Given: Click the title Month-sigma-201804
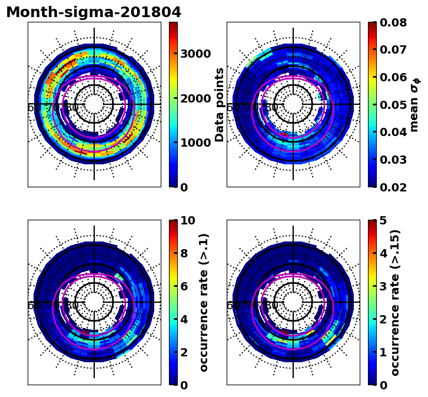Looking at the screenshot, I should (x=94, y=12).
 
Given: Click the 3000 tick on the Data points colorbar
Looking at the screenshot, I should (x=195, y=54).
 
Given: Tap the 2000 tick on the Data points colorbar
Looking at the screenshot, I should (x=195, y=98).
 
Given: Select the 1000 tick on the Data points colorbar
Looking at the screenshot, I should (x=195, y=143).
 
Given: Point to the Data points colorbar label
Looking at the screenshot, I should (x=220, y=104).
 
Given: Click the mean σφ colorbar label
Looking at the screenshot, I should (x=415, y=104).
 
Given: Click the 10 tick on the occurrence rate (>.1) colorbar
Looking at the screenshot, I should (x=188, y=221).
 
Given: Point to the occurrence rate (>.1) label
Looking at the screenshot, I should (x=204, y=303).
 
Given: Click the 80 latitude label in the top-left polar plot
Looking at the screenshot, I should (x=72, y=108).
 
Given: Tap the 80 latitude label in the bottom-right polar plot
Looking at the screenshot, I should (x=271, y=306).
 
